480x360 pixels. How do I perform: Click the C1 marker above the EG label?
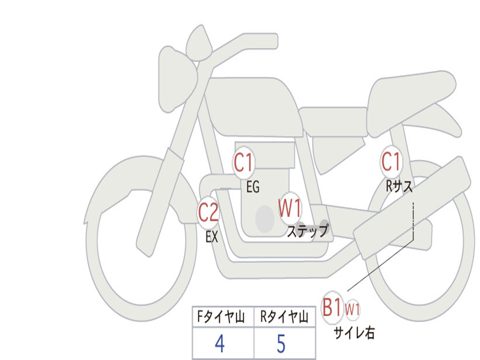pyautogui.click(x=244, y=163)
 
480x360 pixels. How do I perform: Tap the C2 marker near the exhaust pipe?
pyautogui.click(x=209, y=212)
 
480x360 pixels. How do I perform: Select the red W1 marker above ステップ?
pyautogui.click(x=290, y=209)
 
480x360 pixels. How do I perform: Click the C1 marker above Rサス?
pyautogui.click(x=391, y=162)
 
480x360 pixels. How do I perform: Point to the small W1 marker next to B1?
pyautogui.click(x=352, y=309)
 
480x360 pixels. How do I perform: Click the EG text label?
pyautogui.click(x=253, y=187)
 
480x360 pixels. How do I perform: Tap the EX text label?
pyautogui.click(x=211, y=237)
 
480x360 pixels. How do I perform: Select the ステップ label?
pyautogui.click(x=307, y=231)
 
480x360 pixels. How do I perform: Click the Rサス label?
pyautogui.click(x=399, y=186)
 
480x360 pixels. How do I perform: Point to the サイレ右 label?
pyautogui.click(x=354, y=333)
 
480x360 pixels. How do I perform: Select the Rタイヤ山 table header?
pyautogui.click(x=285, y=317)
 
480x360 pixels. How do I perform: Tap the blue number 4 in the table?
pyautogui.click(x=220, y=344)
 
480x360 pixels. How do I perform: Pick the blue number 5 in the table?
pyautogui.click(x=281, y=344)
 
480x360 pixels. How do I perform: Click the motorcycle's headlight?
pyautogui.click(x=177, y=80)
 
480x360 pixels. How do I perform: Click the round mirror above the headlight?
pyautogui.click(x=199, y=43)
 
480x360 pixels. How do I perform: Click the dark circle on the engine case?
pyautogui.click(x=265, y=219)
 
